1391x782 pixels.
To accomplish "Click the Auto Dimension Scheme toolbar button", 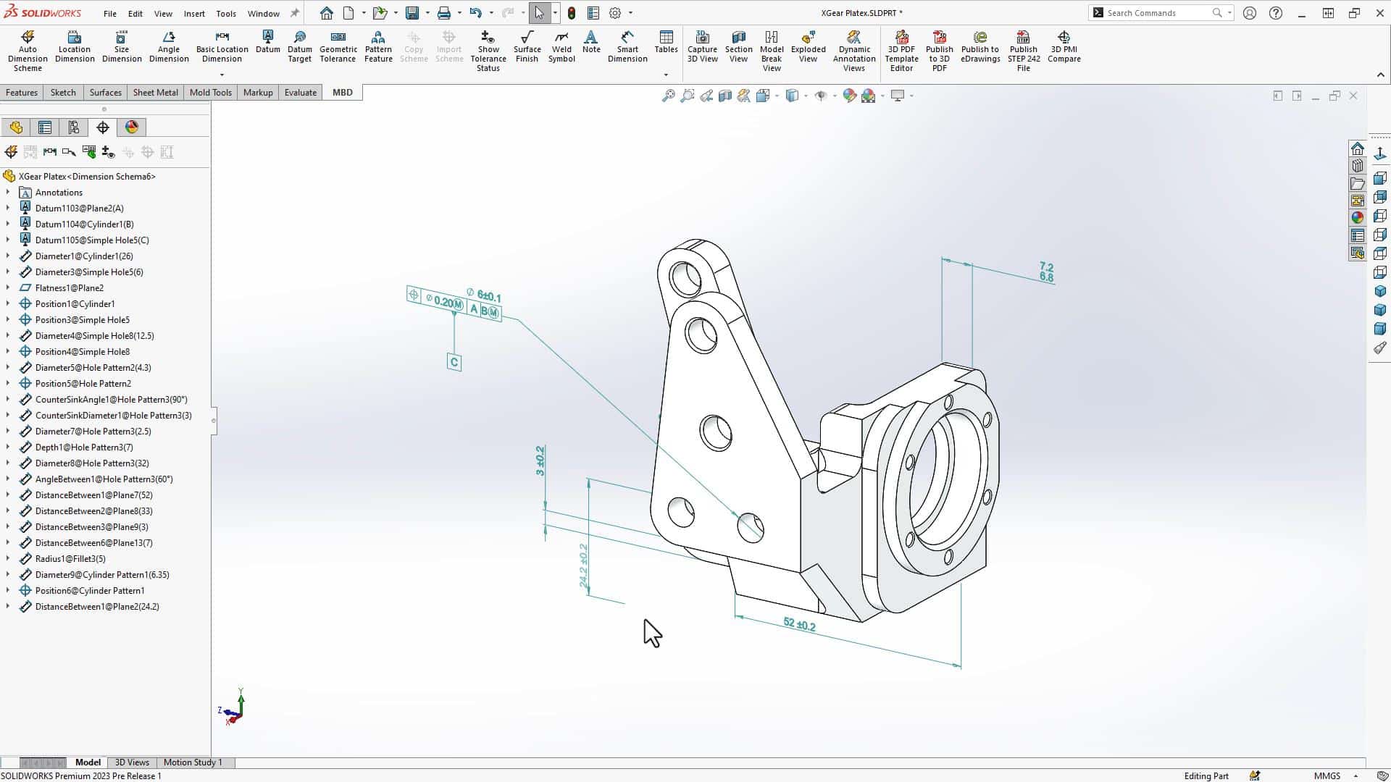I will point(28,51).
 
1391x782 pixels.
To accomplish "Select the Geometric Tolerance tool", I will point(338,48).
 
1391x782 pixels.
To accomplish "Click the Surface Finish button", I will point(527,48).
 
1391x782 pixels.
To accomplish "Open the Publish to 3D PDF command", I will point(939,51).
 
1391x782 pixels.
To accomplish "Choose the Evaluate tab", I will point(300,93).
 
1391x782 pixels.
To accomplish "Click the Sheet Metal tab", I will point(155,93).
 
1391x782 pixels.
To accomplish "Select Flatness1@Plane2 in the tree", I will point(70,288).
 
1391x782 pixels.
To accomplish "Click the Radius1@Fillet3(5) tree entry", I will point(70,559).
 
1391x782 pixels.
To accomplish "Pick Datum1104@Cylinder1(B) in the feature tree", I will point(84,224).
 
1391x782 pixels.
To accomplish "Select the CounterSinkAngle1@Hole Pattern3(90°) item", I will point(111,400).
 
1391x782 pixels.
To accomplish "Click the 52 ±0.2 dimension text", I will point(799,624).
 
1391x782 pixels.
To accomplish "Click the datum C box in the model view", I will point(454,363).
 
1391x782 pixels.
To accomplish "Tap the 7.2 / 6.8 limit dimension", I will point(1046,272).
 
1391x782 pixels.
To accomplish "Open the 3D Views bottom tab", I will point(132,762).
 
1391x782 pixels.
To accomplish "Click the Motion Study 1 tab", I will point(193,762).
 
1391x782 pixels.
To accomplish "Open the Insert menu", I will point(194,14).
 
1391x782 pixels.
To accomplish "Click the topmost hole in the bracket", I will point(685,277).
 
